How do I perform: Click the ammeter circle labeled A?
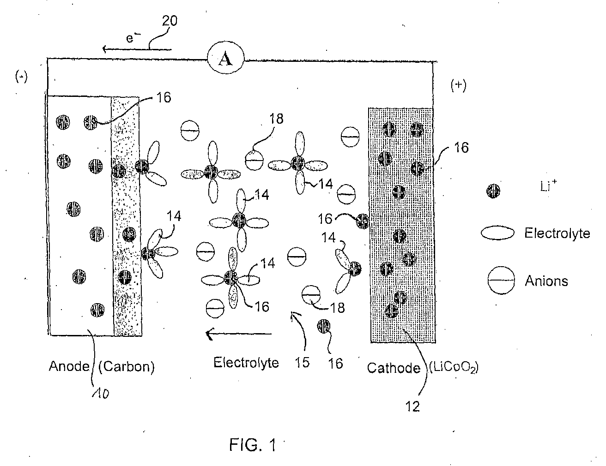click(x=225, y=58)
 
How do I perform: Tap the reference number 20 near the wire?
click(x=170, y=21)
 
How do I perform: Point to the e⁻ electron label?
click(x=133, y=38)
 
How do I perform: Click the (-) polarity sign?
click(x=21, y=77)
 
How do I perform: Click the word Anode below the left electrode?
click(x=69, y=366)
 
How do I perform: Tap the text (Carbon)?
click(x=127, y=367)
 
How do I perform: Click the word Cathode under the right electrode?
click(x=394, y=368)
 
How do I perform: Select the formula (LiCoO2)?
click(x=454, y=368)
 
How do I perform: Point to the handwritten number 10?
click(x=101, y=394)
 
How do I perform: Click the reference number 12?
click(x=412, y=406)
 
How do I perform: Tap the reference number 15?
click(x=302, y=363)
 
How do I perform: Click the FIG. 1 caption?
click(x=253, y=445)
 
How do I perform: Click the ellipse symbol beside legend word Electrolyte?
click(x=497, y=233)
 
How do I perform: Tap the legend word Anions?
click(x=546, y=281)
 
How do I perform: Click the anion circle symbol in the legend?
click(x=501, y=280)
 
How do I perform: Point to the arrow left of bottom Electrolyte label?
click(x=239, y=334)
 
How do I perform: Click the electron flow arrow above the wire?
click(x=137, y=49)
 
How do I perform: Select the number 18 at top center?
click(x=276, y=119)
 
